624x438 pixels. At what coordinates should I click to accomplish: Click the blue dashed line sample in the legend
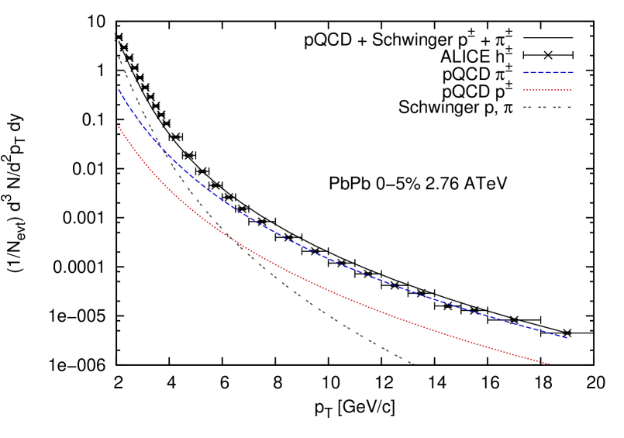[x=547, y=72]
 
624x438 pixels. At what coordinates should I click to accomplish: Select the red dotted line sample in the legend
[x=547, y=90]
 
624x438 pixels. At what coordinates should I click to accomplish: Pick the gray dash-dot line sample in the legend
[x=547, y=107]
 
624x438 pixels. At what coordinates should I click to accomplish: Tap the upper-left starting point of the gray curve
[x=119, y=57]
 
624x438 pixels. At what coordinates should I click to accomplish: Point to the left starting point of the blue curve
[x=119, y=90]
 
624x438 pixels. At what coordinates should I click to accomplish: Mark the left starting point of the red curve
[x=119, y=126]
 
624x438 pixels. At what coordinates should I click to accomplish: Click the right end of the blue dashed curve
[x=567, y=337]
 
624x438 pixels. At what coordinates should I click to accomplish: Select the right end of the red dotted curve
[x=550, y=363]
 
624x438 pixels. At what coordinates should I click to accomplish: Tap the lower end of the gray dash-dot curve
[x=413, y=364]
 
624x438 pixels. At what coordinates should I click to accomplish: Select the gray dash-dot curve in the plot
[x=310, y=302]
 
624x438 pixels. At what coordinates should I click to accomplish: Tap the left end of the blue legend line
[x=523, y=72]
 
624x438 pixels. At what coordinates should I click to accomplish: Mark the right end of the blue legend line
[x=572, y=72]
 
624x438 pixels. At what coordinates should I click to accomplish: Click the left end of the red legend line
[x=523, y=90]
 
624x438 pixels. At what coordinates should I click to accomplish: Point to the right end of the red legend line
[x=571, y=90]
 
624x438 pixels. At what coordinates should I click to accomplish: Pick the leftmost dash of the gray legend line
[x=525, y=107]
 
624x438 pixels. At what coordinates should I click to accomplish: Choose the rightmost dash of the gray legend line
[x=569, y=107]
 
